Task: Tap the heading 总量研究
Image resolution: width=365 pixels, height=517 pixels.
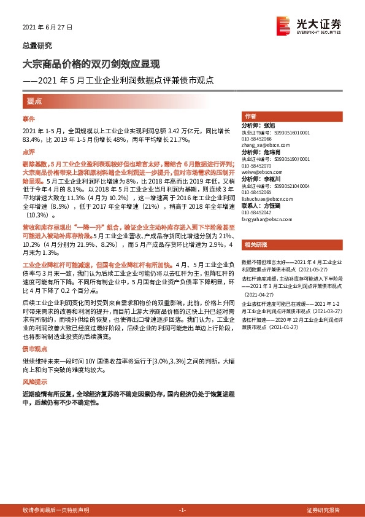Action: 37,45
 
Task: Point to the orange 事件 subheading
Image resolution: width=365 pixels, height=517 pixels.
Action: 29,118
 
